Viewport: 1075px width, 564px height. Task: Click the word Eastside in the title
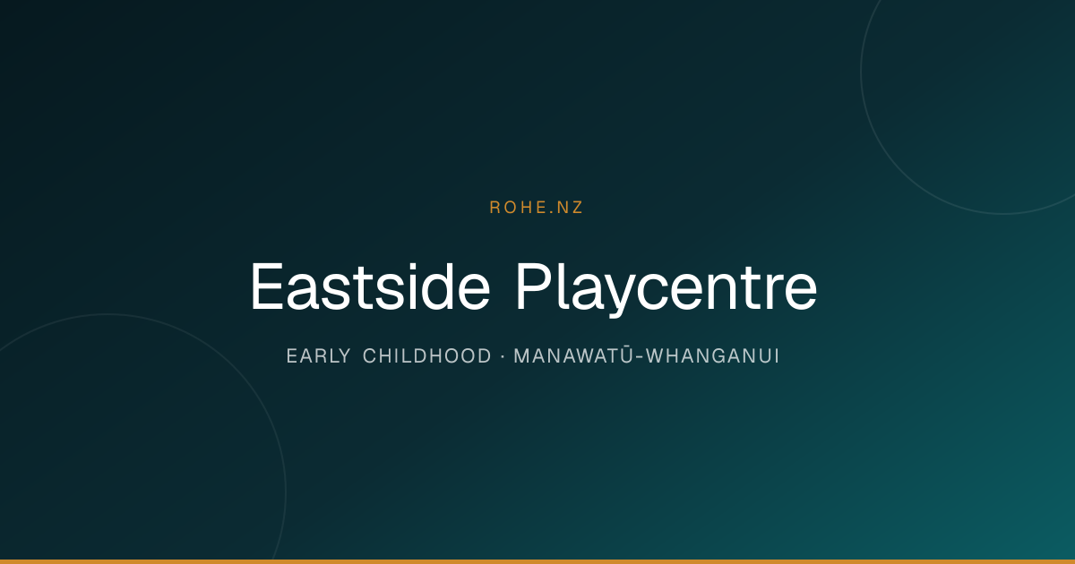tap(370, 286)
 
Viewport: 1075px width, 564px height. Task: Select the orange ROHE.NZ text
tap(536, 207)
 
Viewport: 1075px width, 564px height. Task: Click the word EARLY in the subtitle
tap(318, 356)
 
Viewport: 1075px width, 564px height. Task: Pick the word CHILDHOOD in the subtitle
tap(427, 356)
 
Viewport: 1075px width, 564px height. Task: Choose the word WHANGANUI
tap(713, 356)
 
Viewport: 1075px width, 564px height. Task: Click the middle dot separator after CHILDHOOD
tap(503, 356)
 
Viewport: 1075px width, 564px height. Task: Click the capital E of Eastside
tap(266, 286)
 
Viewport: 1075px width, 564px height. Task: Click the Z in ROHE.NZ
tap(576, 207)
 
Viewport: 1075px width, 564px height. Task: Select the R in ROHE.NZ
tap(494, 207)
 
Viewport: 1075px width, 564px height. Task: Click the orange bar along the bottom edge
tap(537, 561)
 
